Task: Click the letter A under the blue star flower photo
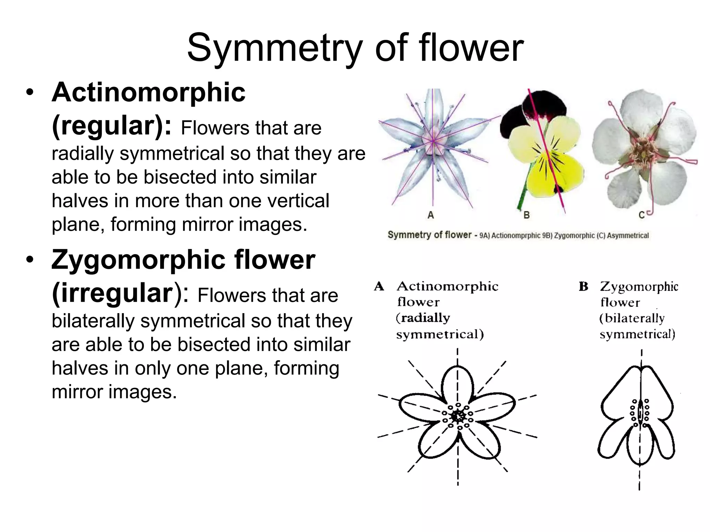point(431,215)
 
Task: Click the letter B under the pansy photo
point(526,215)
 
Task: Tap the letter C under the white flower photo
point(641,215)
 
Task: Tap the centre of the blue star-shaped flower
point(433,141)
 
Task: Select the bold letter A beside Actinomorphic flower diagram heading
point(379,286)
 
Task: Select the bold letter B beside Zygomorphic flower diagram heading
point(583,286)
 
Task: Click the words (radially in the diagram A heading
point(423,318)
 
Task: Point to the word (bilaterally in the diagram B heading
point(632,318)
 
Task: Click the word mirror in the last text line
point(77,392)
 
